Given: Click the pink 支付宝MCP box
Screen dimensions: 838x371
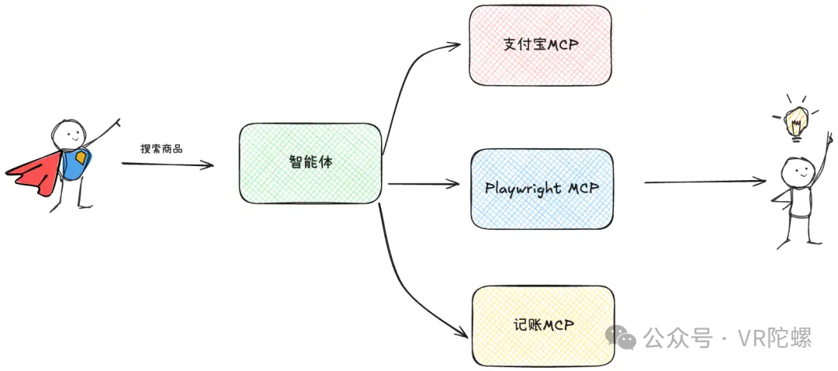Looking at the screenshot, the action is pos(541,46).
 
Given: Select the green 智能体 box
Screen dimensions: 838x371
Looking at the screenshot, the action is pos(310,164).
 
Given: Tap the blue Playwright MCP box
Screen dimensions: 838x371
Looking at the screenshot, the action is pos(542,189).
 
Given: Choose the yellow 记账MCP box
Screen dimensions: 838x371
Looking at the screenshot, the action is pos(543,326).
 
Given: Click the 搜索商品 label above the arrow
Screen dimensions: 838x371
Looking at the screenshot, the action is pos(161,149).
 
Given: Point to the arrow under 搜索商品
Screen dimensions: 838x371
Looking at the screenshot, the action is pos(168,164).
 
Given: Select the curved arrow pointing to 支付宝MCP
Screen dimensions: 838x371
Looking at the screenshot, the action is pos(406,80).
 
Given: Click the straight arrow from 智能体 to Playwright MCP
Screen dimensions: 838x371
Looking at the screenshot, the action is pos(424,185).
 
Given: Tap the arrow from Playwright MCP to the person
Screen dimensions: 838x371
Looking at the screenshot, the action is pos(705,182).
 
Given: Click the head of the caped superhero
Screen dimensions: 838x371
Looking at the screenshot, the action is pos(68,133).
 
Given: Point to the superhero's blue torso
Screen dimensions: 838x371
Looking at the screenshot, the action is pos(76,164).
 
